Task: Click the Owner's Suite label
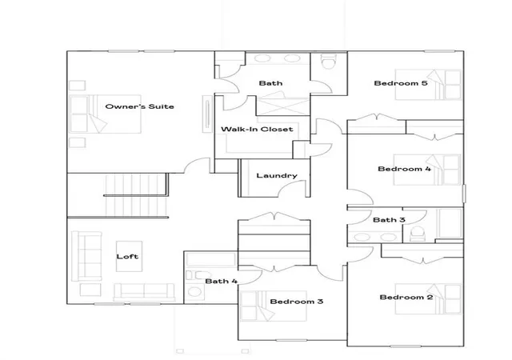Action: (139, 106)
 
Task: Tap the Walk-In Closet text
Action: (257, 129)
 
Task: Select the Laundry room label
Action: (277, 176)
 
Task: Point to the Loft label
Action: (127, 257)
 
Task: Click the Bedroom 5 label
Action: (401, 83)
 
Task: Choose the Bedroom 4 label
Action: (404, 169)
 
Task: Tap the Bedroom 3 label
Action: (297, 301)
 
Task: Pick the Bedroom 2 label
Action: (406, 297)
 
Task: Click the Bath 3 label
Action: (389, 220)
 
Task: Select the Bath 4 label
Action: (222, 281)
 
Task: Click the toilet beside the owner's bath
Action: (328, 61)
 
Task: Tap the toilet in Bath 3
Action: (418, 234)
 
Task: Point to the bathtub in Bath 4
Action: (211, 260)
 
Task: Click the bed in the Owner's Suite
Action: (106, 114)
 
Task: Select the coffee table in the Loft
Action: (129, 257)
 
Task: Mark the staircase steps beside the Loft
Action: (136, 195)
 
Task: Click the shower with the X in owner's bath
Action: (282, 106)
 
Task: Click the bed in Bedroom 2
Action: (428, 298)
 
